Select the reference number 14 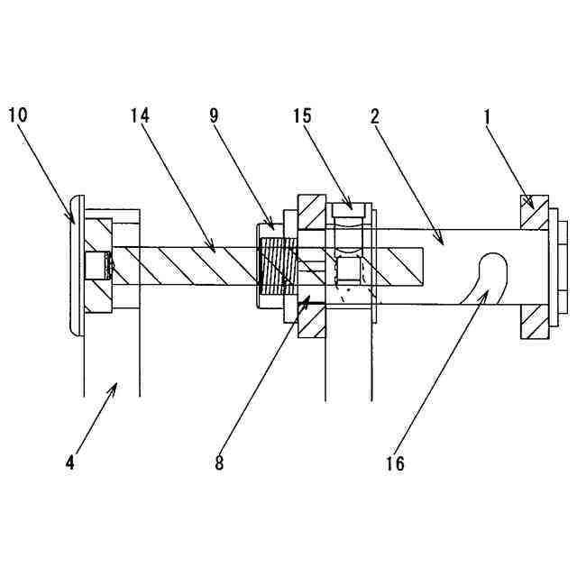(140, 115)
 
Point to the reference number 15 (303, 115)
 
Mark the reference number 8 (219, 463)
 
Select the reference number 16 (394, 463)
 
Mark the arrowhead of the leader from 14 (214, 249)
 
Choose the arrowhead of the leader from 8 (310, 297)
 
